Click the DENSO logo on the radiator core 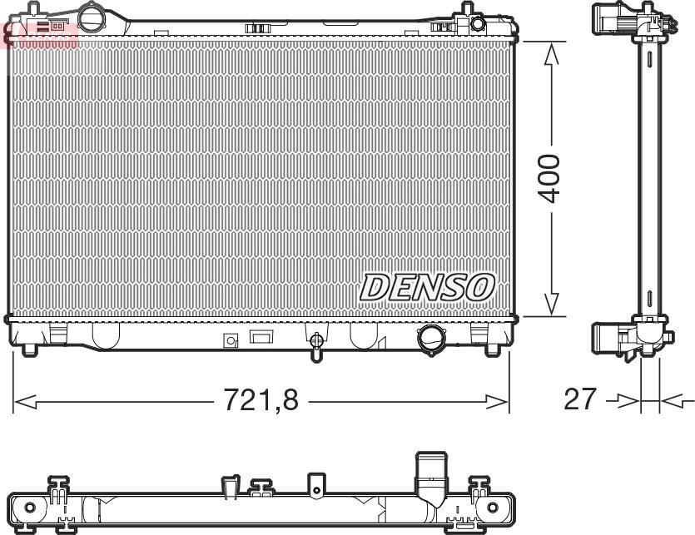(426, 288)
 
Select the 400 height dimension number (549, 180)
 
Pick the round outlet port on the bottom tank (431, 337)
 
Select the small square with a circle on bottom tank (231, 339)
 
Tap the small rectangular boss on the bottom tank (262, 338)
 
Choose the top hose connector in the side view (613, 18)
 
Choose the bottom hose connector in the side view (612, 339)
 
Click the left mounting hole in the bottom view (30, 507)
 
